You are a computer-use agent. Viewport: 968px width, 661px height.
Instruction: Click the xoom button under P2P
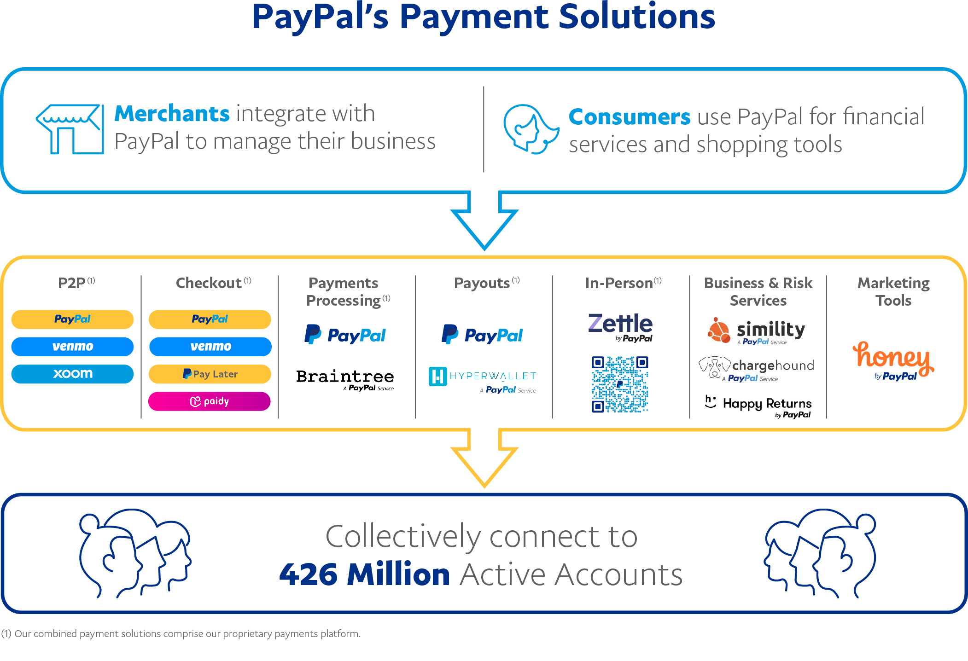pyautogui.click(x=72, y=374)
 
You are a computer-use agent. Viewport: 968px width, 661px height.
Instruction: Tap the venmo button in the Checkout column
pyautogui.click(x=210, y=347)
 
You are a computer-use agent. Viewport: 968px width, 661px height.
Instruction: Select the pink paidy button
pyautogui.click(x=210, y=401)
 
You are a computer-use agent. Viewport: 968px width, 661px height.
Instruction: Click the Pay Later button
pyautogui.click(x=210, y=374)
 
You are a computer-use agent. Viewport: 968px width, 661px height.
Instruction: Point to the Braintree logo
pyautogui.click(x=345, y=380)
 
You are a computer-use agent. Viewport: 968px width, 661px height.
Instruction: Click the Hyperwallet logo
pyautogui.click(x=483, y=380)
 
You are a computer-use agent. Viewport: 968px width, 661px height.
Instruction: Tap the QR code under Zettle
pyautogui.click(x=620, y=384)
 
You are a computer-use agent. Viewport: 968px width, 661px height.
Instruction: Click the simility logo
pyautogui.click(x=756, y=331)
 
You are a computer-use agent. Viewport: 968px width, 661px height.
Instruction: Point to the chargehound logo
pyautogui.click(x=756, y=369)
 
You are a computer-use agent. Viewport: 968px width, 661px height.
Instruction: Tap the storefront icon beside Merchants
pyautogui.click(x=70, y=129)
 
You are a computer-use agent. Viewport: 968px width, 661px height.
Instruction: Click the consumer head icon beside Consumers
pyautogui.click(x=531, y=129)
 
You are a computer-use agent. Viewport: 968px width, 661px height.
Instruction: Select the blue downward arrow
pyautogui.click(x=484, y=221)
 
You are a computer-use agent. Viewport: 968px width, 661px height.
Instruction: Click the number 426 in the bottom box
pyautogui.click(x=308, y=574)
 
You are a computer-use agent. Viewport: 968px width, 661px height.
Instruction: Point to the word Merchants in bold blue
pyautogui.click(x=172, y=113)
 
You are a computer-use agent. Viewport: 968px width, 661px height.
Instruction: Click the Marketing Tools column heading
pyautogui.click(x=893, y=291)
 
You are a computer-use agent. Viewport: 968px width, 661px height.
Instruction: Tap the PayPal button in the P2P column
pyautogui.click(x=72, y=319)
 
